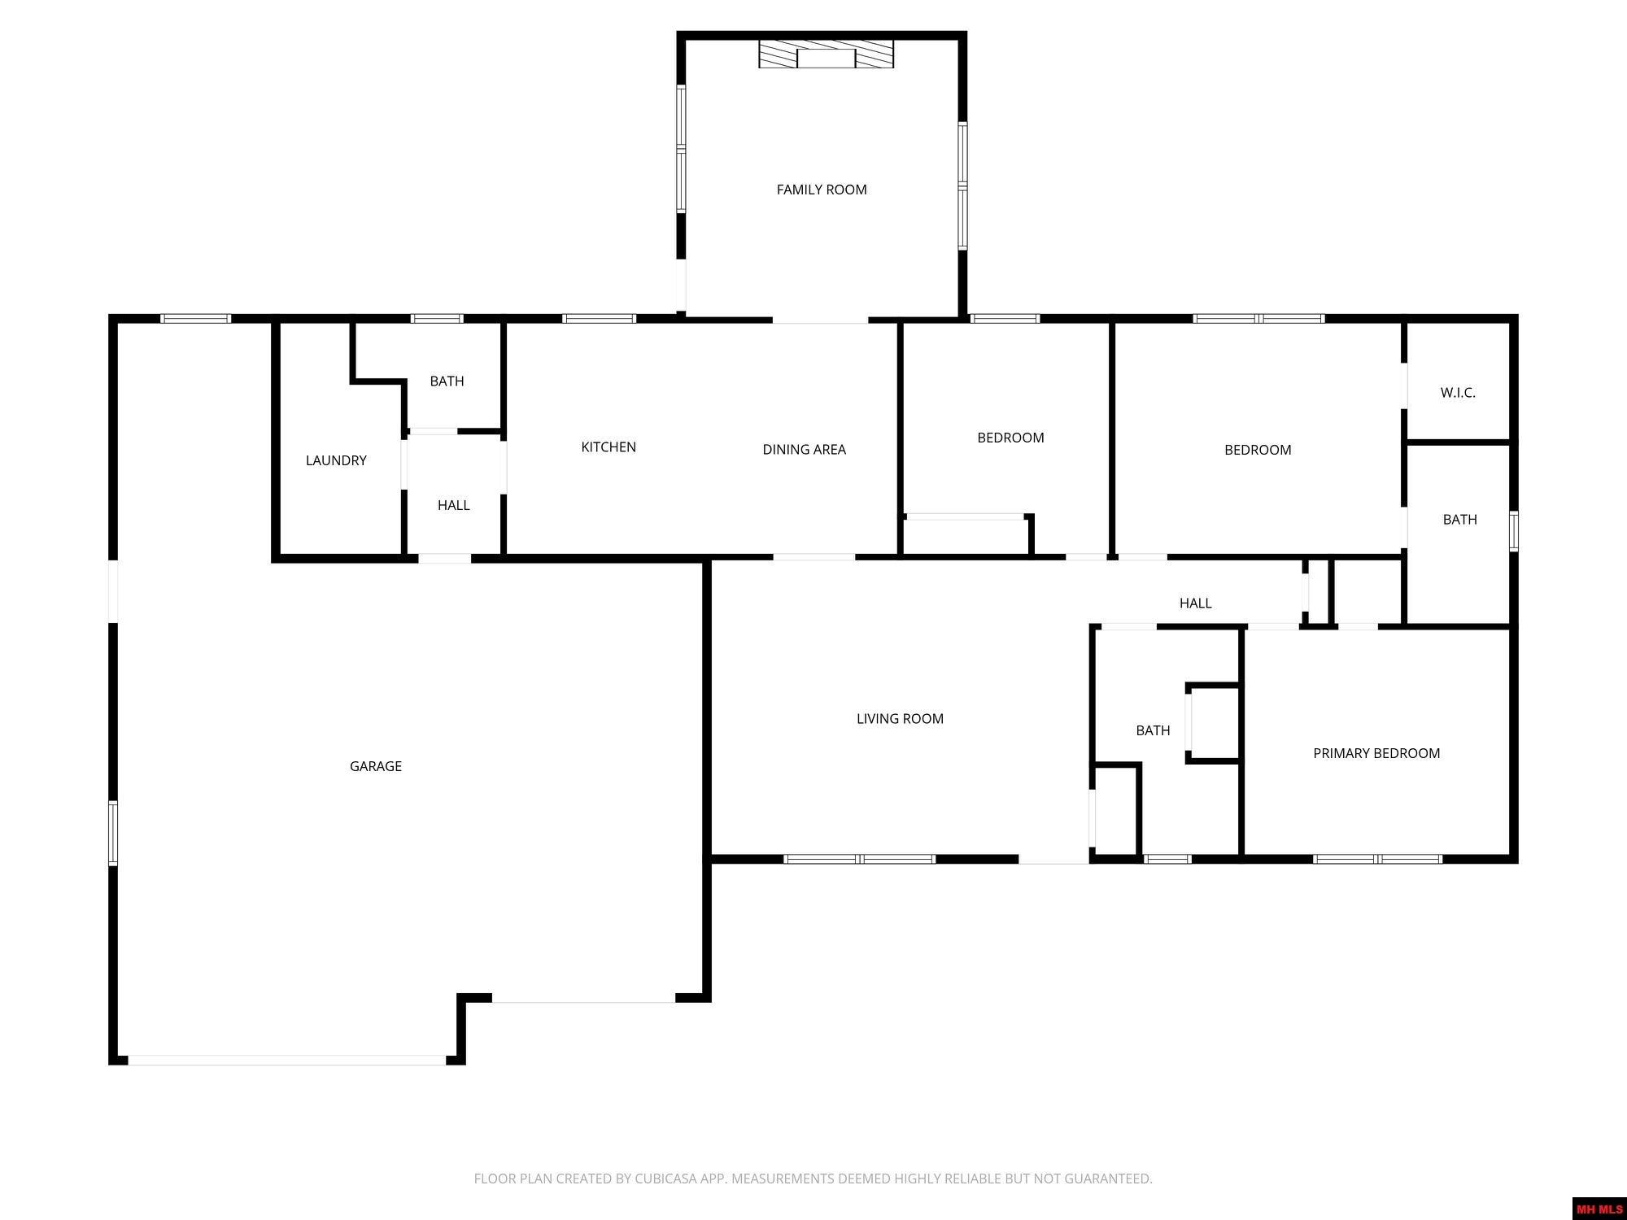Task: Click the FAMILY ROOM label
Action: pyautogui.click(x=822, y=190)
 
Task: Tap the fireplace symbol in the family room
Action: pyautogui.click(x=826, y=54)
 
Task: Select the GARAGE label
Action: pyautogui.click(x=375, y=766)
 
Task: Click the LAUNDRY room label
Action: pyautogui.click(x=336, y=460)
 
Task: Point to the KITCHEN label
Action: pyautogui.click(x=608, y=447)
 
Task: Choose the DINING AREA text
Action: pyautogui.click(x=804, y=449)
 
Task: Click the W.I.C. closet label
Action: pyautogui.click(x=1458, y=393)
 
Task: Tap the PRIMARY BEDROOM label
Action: pyautogui.click(x=1376, y=753)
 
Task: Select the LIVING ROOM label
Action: pyautogui.click(x=900, y=718)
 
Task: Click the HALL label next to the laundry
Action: pyautogui.click(x=453, y=505)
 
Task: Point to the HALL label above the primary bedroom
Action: pyautogui.click(x=1195, y=603)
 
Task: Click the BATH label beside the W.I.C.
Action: pyautogui.click(x=1459, y=519)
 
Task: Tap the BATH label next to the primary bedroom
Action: pyautogui.click(x=1153, y=730)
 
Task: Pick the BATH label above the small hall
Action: pyautogui.click(x=447, y=381)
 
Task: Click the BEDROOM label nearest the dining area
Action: pyautogui.click(x=1010, y=438)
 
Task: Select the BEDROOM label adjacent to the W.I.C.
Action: pyautogui.click(x=1258, y=450)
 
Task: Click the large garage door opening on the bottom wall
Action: pyautogui.click(x=286, y=1060)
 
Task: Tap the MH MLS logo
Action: pyautogui.click(x=1599, y=1209)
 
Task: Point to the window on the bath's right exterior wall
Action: pyautogui.click(x=1513, y=531)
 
